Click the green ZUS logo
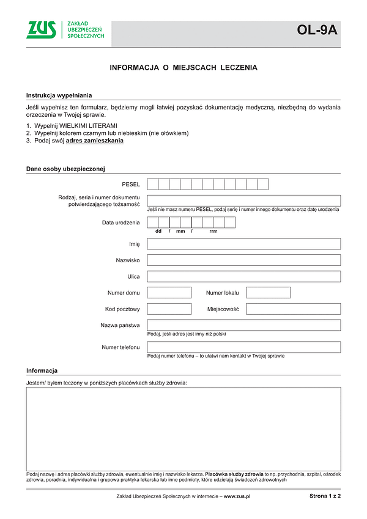pos(41,29)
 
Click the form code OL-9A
pos(317,30)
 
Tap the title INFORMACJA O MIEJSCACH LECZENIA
pos(183,68)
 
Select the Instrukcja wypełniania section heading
pos(59,95)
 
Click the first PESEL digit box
pos(153,184)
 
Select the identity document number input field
pos(243,201)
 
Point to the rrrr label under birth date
pos(213,232)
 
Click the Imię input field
pos(243,244)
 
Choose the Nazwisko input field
pos(243,260)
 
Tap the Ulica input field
pos(243,276)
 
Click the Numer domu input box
pos(169,293)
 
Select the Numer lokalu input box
pos(268,293)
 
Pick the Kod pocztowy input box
pos(169,309)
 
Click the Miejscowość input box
pos(293,309)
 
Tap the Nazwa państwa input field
pos(243,325)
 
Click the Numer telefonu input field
pos(243,347)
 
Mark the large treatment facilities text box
pos(183,429)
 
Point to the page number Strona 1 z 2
pos(325,496)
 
